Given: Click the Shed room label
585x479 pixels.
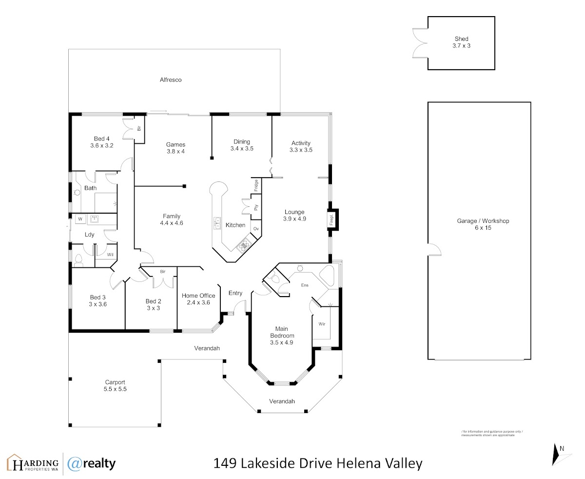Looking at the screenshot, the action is (x=461, y=39).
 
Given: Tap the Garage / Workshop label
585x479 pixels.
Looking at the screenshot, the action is (x=483, y=221).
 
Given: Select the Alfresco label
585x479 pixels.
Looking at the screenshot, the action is (x=171, y=80).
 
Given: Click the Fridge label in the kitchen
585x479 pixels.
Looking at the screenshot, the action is (x=256, y=185).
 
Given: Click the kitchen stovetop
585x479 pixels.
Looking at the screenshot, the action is (x=244, y=245).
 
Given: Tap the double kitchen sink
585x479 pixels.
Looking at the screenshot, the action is (x=216, y=223).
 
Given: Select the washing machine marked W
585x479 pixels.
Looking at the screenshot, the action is (x=80, y=219).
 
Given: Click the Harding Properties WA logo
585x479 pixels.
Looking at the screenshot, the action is (x=33, y=462).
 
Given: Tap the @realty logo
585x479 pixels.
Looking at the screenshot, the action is (x=92, y=464).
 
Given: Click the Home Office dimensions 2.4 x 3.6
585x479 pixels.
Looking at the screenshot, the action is (x=198, y=302).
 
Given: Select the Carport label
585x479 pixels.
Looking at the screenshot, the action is (x=115, y=382).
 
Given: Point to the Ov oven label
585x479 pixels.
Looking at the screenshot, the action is (x=256, y=229).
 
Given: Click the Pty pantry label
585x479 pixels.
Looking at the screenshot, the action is (x=256, y=207).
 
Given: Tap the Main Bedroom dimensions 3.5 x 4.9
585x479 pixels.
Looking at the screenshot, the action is (x=282, y=342).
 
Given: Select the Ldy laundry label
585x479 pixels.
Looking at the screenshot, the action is (x=89, y=235).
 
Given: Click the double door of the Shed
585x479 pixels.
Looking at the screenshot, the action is (x=420, y=43).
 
